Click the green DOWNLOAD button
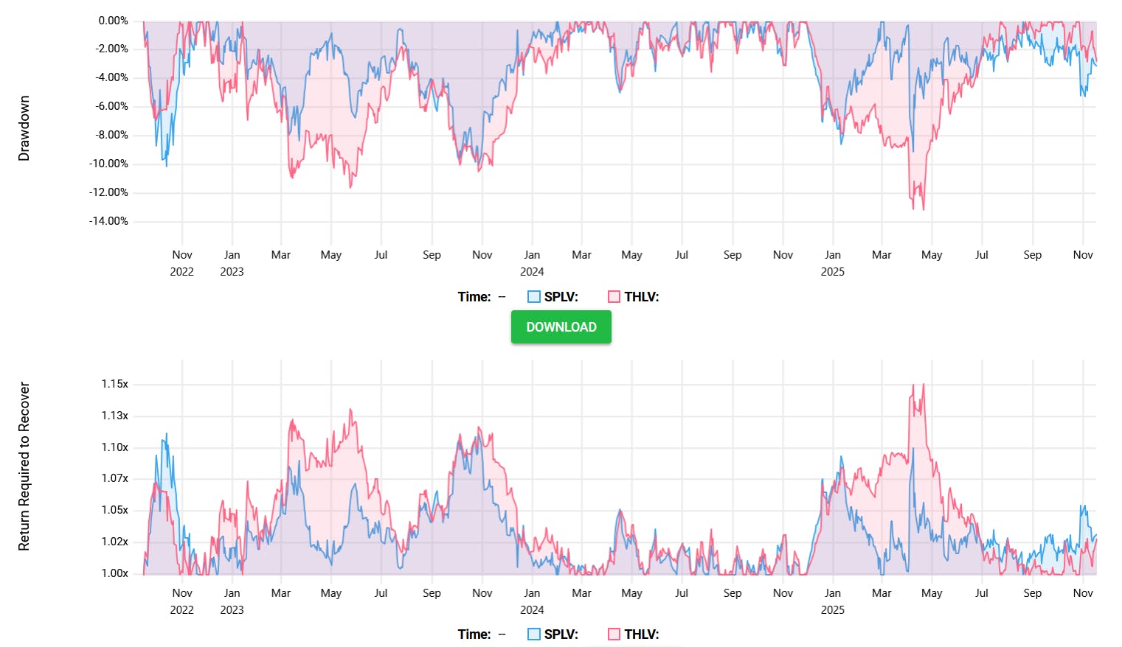click(x=561, y=327)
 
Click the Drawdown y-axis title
click(x=24, y=128)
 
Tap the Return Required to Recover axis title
click(x=24, y=466)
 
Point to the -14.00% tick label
click(x=108, y=221)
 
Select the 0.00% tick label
click(x=113, y=21)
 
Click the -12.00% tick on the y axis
click(x=108, y=192)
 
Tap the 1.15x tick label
click(x=114, y=384)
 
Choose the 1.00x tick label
click(x=114, y=573)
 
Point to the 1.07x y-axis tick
click(x=114, y=478)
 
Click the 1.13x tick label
click(x=114, y=416)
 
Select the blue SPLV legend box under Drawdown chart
click(x=534, y=297)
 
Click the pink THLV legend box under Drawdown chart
click(x=614, y=297)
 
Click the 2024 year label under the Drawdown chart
click(x=532, y=272)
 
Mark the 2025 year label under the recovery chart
click(x=832, y=610)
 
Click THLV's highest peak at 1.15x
click(x=923, y=384)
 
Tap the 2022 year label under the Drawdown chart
click(x=181, y=272)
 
